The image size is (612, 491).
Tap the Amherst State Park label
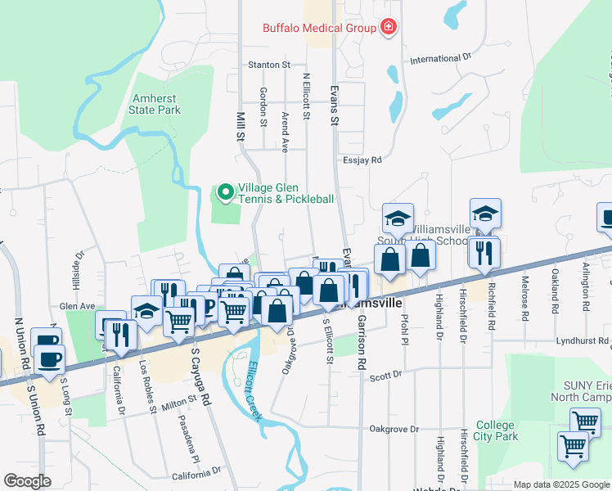tap(156, 103)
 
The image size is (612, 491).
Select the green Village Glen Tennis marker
tap(225, 193)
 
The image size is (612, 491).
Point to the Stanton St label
tap(269, 64)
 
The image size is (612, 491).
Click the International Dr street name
tap(441, 59)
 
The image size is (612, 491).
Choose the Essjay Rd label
tap(362, 160)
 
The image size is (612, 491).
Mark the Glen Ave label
tap(75, 305)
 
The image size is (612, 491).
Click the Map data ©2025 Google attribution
tap(560, 484)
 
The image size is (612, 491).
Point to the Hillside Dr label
tap(79, 265)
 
